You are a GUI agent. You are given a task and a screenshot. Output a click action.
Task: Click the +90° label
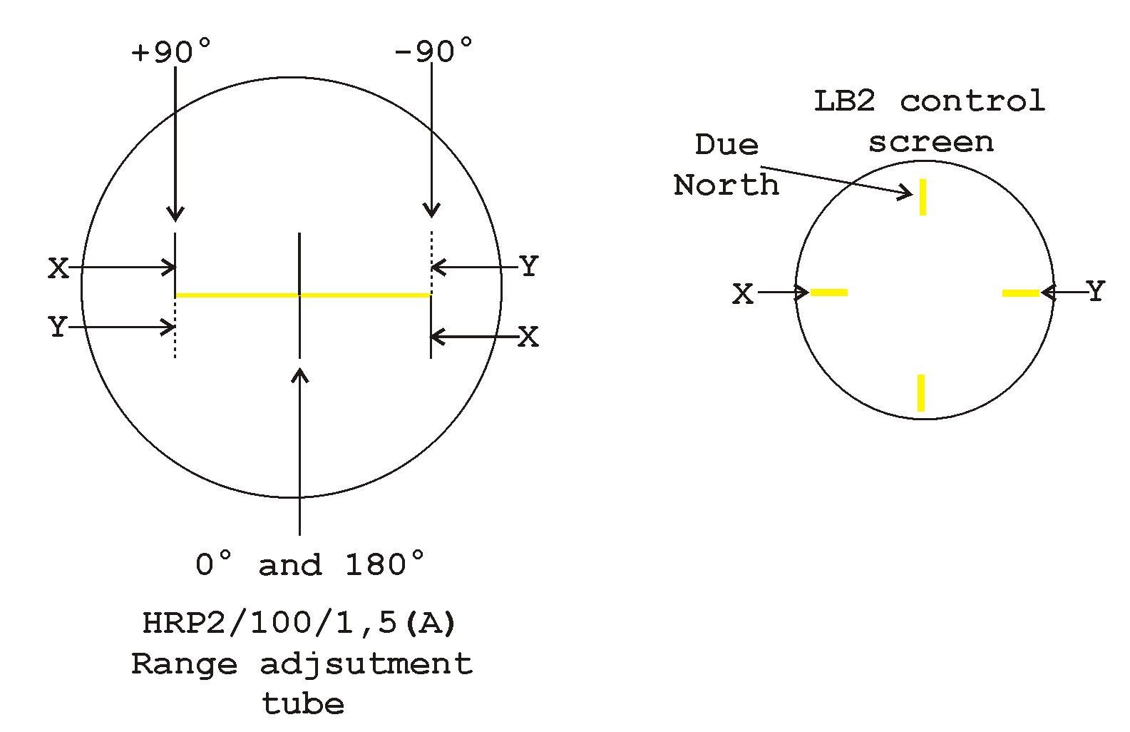171,51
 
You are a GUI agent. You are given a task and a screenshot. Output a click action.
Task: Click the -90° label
433,50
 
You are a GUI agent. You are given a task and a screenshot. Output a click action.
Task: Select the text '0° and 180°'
309,564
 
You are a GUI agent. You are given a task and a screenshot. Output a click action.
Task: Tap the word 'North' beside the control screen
726,185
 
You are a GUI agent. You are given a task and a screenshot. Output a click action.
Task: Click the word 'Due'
726,145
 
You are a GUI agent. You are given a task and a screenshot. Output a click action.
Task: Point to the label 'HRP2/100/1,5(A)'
299,623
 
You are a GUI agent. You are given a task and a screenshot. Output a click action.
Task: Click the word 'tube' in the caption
303,703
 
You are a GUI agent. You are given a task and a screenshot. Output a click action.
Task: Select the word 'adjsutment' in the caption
366,664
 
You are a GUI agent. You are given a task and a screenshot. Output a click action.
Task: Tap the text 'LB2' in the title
845,101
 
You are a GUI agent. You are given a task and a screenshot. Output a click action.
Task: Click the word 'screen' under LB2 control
931,143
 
